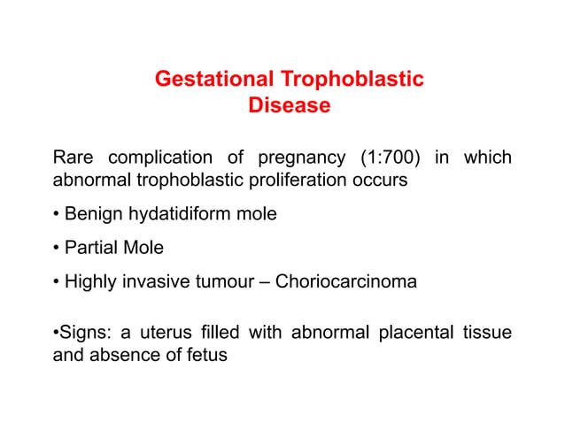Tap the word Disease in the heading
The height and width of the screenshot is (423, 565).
pos(289,106)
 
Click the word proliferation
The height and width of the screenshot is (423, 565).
pos(311,181)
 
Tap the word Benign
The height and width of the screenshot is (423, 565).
pos(93,214)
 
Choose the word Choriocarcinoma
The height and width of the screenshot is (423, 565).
pos(344,282)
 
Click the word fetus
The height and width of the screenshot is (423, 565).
pos(206,355)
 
